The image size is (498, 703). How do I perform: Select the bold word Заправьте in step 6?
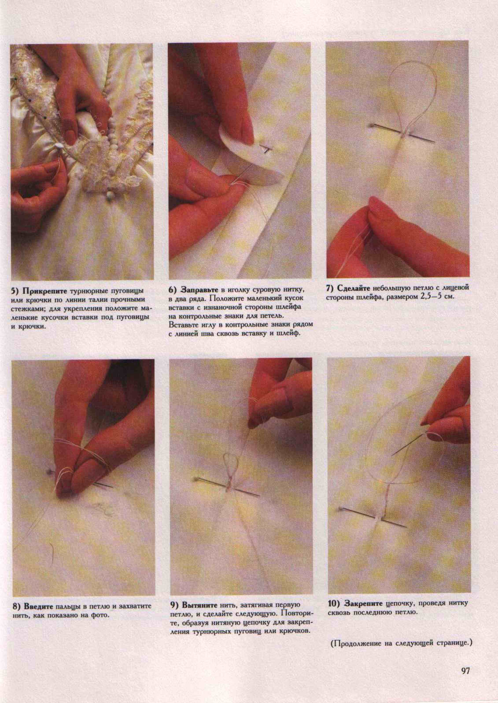200,290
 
